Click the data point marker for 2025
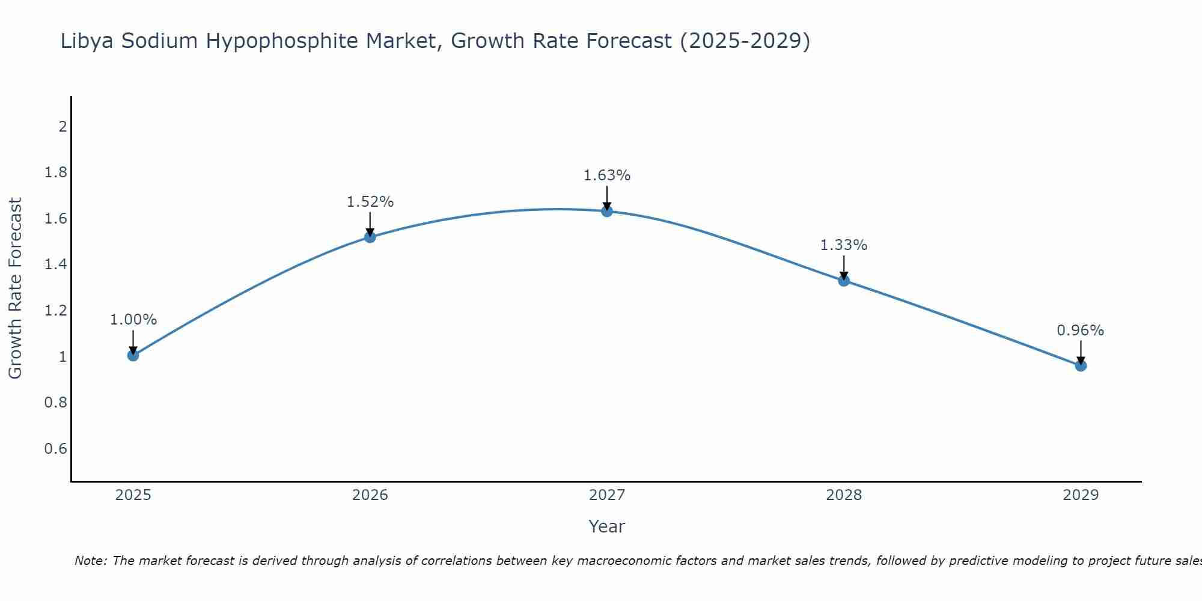click(133, 356)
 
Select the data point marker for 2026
click(370, 237)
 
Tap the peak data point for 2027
click(607, 211)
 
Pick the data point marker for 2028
click(844, 281)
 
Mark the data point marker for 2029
click(1081, 365)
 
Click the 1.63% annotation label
click(607, 175)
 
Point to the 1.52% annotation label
click(370, 202)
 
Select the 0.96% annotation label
click(1080, 331)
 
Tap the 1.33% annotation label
click(844, 245)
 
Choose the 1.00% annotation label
click(133, 320)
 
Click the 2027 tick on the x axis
click(607, 495)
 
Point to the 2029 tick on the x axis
click(1081, 495)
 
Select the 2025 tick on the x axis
click(133, 495)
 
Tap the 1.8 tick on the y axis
click(56, 173)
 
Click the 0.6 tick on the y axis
click(56, 449)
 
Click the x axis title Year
click(607, 526)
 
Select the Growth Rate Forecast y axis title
click(16, 288)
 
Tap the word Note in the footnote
click(90, 561)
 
